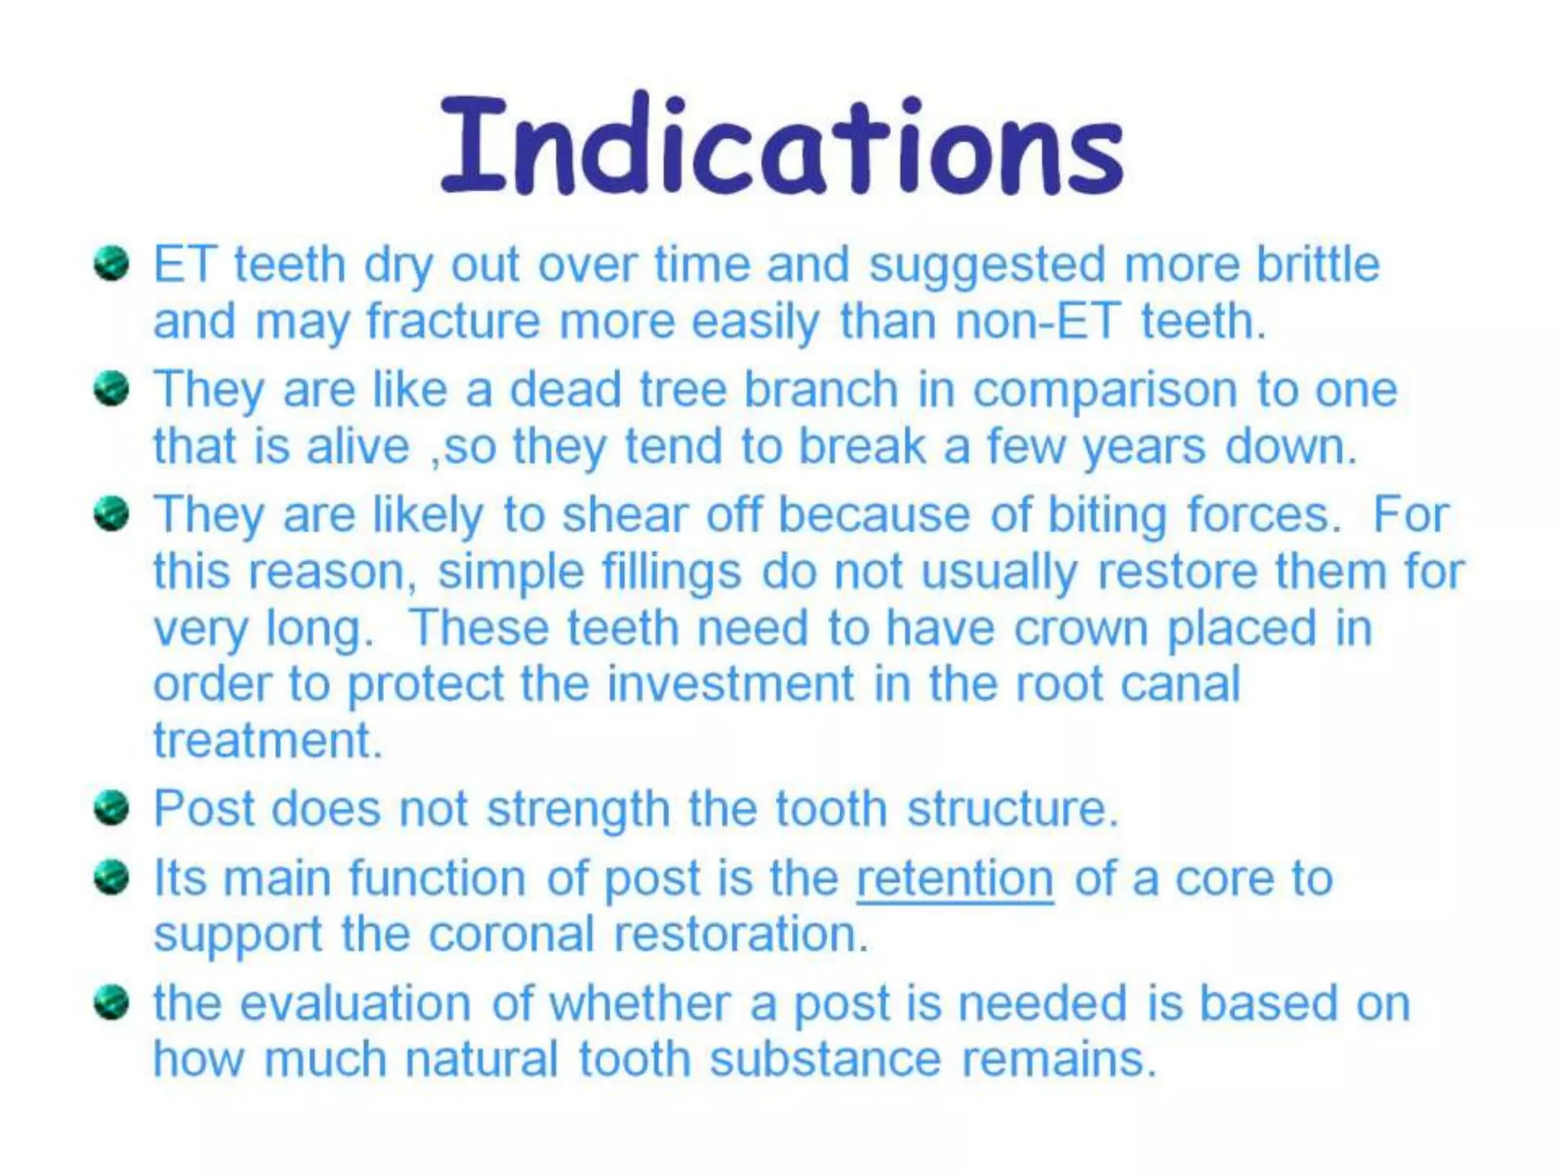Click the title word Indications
point(782,145)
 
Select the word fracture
point(454,321)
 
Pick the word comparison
point(1104,391)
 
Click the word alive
point(358,446)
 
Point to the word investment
point(730,683)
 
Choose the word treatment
point(267,740)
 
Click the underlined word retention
point(955,878)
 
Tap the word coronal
point(511,934)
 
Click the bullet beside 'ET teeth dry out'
point(111,265)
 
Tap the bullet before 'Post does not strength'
point(111,808)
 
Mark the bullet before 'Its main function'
point(111,878)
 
